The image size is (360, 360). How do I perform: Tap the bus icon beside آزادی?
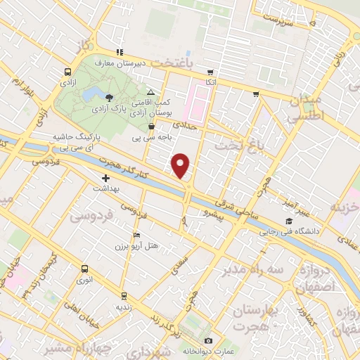coord(67,72)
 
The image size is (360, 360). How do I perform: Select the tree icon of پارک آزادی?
coord(108,98)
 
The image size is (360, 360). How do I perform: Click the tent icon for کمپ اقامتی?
coord(151,93)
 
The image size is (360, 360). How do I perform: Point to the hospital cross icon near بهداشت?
coord(105,179)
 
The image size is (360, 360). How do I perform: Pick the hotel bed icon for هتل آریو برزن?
coord(136,234)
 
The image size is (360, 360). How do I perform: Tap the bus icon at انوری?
coord(84,269)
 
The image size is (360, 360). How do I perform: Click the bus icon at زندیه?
coord(124,296)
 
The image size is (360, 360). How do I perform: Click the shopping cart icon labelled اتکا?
coord(210,72)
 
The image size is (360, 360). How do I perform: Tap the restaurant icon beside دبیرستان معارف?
coord(120,52)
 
